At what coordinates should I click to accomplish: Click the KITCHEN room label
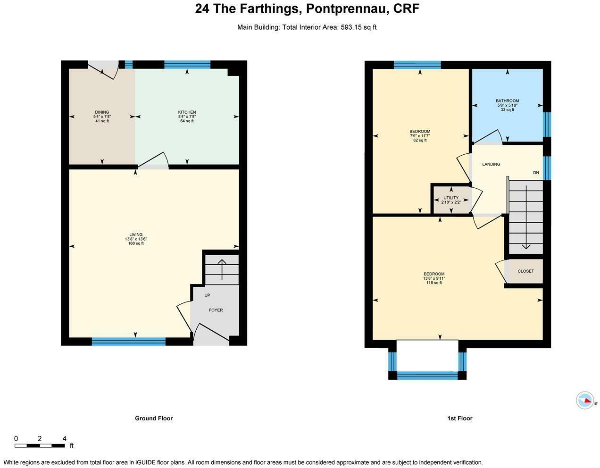187,112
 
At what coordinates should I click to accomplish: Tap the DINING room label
102,112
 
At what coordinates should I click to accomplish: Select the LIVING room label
136,234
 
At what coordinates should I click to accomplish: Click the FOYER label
216,310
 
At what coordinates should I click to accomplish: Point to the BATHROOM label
507,101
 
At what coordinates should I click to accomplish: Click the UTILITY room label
451,198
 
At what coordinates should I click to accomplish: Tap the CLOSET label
525,271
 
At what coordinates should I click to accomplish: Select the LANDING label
491,164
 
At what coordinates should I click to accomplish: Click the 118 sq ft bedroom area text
434,283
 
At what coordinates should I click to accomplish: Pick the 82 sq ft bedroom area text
419,140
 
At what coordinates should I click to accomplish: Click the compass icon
585,401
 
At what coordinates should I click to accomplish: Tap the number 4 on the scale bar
64,438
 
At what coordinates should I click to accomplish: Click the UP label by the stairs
207,295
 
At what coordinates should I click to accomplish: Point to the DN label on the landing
536,173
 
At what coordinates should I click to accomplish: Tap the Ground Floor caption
154,418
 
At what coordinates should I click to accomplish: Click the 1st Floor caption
459,418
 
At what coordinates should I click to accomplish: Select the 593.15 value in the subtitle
350,27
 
